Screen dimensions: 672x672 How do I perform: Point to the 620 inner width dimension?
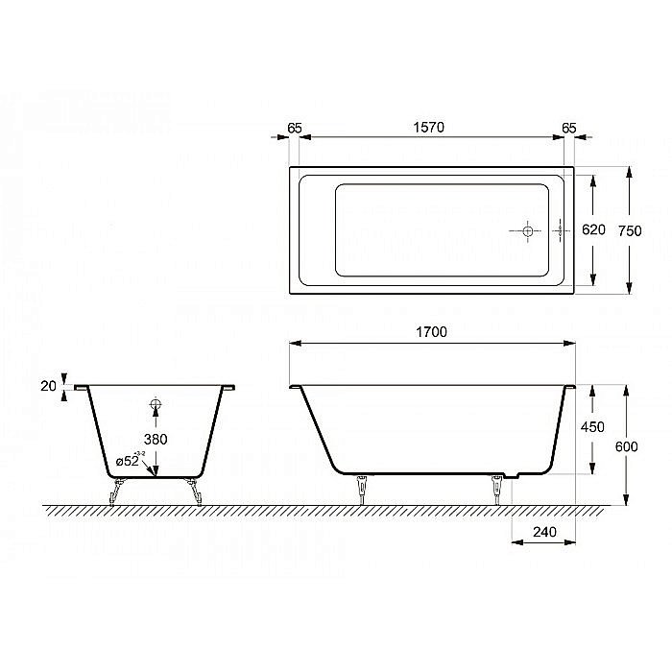tap(594, 229)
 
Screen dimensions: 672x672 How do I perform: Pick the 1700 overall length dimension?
tap(433, 332)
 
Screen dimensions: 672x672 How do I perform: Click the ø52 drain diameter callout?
tap(131, 462)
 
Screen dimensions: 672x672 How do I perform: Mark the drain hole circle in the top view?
tap(527, 230)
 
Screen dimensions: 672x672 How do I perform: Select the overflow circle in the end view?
tap(156, 404)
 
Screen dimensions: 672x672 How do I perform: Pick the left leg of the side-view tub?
tap(362, 488)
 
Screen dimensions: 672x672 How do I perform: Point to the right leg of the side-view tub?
tap(497, 488)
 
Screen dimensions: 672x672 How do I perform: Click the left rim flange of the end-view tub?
tap(81, 388)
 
